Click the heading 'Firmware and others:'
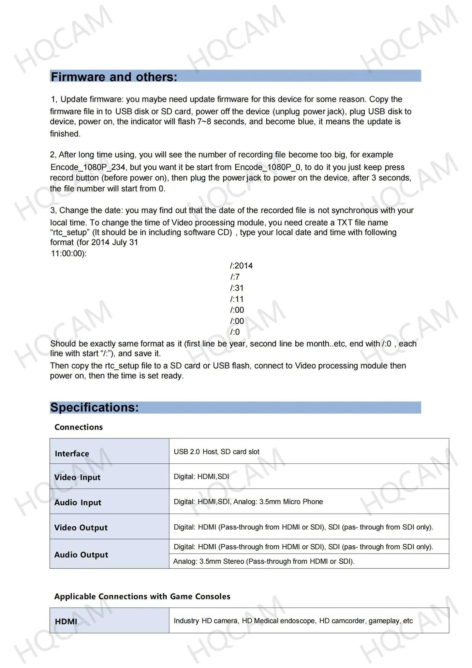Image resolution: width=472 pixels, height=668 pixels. click(114, 77)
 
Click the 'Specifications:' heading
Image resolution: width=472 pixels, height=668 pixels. click(95, 407)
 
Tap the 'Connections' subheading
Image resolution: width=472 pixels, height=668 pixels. click(79, 427)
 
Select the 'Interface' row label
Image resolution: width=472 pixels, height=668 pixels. click(72, 453)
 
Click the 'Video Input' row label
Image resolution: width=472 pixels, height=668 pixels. click(77, 477)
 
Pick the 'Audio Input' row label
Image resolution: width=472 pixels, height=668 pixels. click(78, 502)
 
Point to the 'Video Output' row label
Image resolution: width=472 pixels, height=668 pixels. click(81, 527)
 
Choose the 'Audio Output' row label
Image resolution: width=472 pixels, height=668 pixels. click(81, 554)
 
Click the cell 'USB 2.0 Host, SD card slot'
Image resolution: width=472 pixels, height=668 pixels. click(216, 452)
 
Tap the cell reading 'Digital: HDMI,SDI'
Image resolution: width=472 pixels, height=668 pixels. click(201, 477)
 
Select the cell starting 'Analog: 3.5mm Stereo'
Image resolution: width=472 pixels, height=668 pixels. click(264, 561)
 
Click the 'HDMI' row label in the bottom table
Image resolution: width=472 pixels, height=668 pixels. click(66, 621)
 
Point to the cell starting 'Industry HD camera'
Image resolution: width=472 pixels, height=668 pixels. click(293, 621)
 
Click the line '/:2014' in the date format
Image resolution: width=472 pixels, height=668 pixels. click(241, 266)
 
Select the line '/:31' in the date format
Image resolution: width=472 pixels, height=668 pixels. click(237, 288)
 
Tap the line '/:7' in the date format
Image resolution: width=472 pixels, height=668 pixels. click(235, 277)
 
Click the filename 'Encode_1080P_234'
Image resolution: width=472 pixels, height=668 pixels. click(88, 167)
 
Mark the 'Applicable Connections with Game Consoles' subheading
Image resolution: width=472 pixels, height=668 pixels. click(142, 596)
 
